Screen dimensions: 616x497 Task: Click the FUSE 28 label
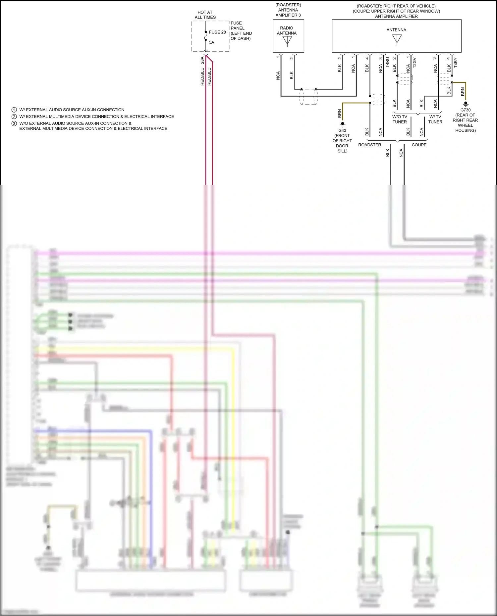pyautogui.click(x=217, y=32)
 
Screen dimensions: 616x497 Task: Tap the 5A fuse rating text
pyautogui.click(x=211, y=42)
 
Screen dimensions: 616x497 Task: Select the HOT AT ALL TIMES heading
pyautogui.click(x=205, y=15)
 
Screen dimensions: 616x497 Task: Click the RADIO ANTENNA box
pyautogui.click(x=288, y=36)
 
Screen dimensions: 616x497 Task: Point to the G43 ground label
pyautogui.click(x=342, y=130)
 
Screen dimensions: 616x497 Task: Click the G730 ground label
pyautogui.click(x=465, y=110)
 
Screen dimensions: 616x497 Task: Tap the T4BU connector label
pyautogui.click(x=388, y=62)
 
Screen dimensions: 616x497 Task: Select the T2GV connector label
pyautogui.click(x=414, y=63)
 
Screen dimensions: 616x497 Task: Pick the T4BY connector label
pyautogui.click(x=456, y=63)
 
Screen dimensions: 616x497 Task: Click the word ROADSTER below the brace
pyautogui.click(x=369, y=145)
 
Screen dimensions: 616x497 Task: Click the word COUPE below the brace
pyautogui.click(x=419, y=145)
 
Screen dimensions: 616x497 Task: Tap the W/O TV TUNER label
pyautogui.click(x=400, y=119)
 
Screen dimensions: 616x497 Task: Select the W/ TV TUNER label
pyautogui.click(x=435, y=119)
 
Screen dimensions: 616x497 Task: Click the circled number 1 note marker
pyautogui.click(x=14, y=110)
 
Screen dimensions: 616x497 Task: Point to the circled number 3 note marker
pyautogui.click(x=14, y=123)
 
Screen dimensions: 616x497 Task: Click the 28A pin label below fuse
pyautogui.click(x=202, y=60)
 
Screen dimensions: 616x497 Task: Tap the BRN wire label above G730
pyautogui.click(x=463, y=92)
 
